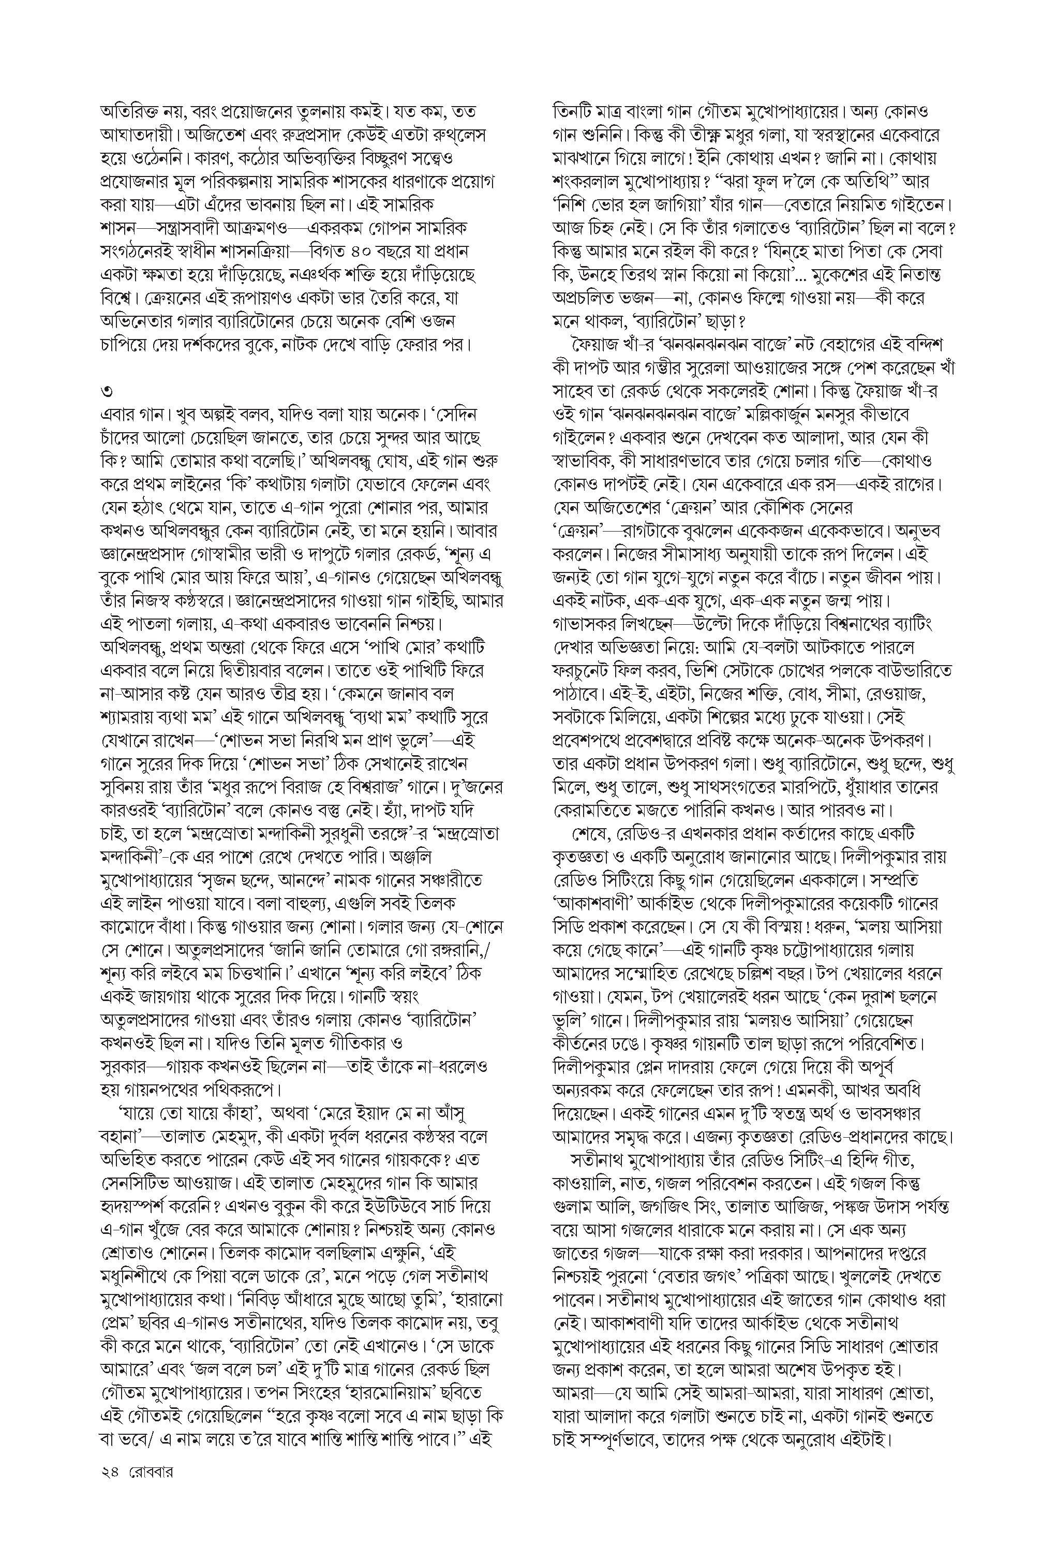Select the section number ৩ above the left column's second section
(106, 390)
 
